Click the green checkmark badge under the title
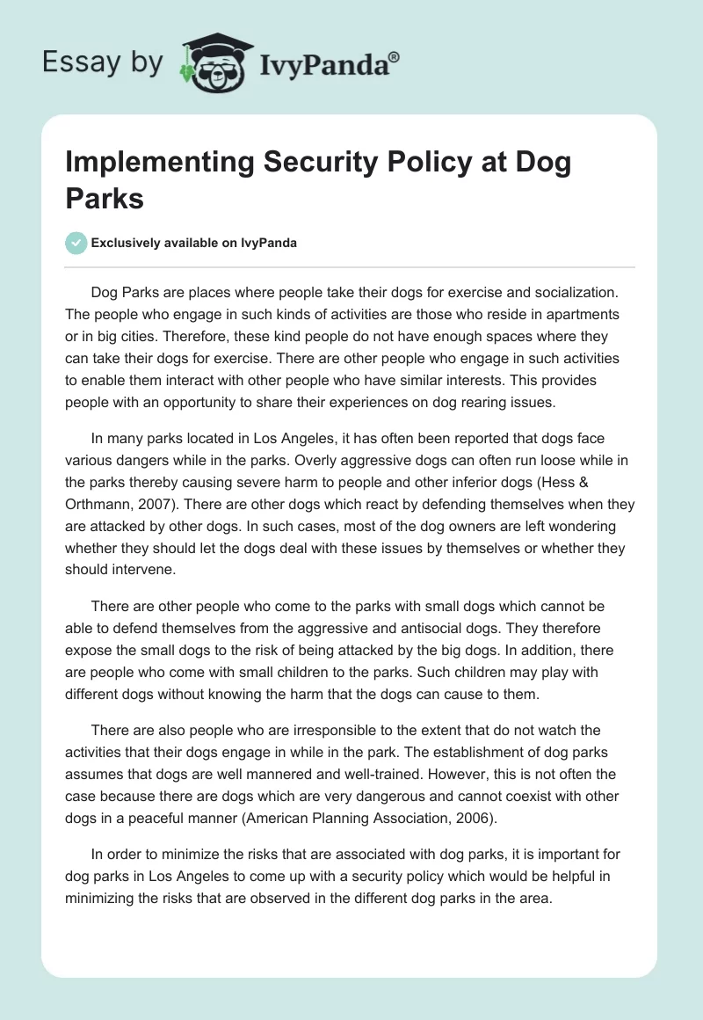coord(76,243)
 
